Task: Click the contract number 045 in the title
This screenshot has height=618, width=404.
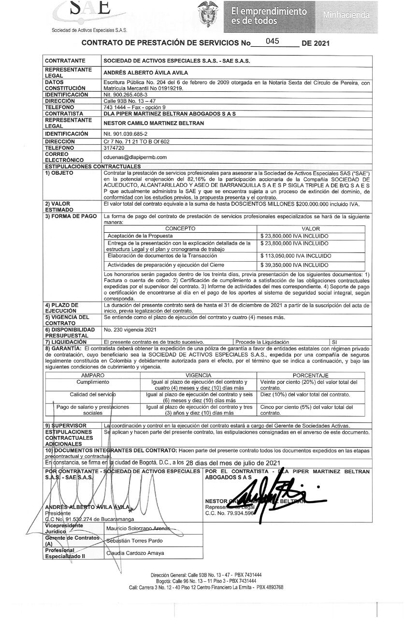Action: pyautogui.click(x=272, y=41)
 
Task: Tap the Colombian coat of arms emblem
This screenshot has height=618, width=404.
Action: pyautogui.click(x=208, y=14)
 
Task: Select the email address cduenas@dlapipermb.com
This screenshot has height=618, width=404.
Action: pyautogui.click(x=135, y=157)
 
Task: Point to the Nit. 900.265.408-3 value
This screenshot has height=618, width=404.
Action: pyautogui.click(x=127, y=95)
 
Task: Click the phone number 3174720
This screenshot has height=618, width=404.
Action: pyautogui.click(x=114, y=148)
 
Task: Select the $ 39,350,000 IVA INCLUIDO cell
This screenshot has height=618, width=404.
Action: pyautogui.click(x=294, y=265)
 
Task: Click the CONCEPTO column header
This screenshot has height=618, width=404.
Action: pyautogui.click(x=180, y=228)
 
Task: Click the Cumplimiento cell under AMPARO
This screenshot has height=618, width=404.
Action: pyautogui.click(x=93, y=382)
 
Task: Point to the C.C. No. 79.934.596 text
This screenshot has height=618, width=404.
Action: pyautogui.click(x=230, y=513)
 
